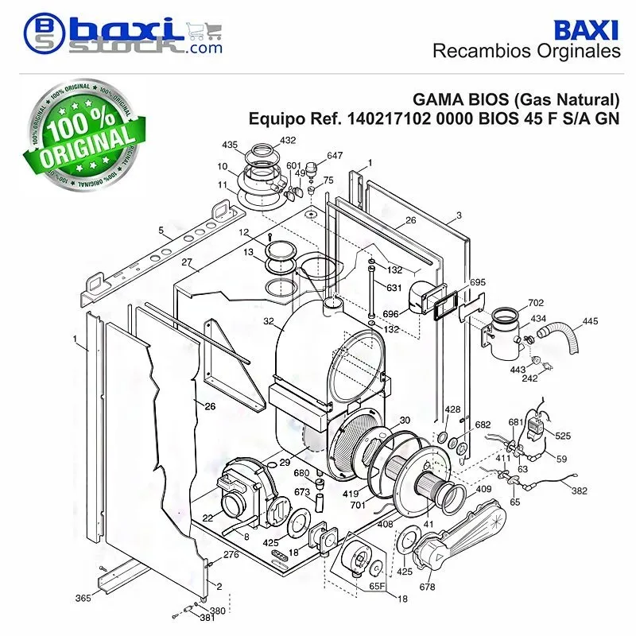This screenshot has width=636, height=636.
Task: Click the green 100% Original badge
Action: (x=84, y=134)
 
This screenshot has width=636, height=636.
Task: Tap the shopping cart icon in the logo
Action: (x=204, y=31)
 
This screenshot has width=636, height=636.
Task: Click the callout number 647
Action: (x=335, y=155)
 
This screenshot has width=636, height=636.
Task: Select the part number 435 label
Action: (x=230, y=145)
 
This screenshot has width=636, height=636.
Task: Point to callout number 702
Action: (x=535, y=303)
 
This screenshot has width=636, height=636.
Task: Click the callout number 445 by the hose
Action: (x=590, y=321)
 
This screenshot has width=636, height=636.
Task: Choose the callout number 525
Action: (x=563, y=436)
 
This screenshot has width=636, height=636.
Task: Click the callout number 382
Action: (x=579, y=491)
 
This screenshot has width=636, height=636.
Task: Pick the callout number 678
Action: (x=427, y=587)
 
